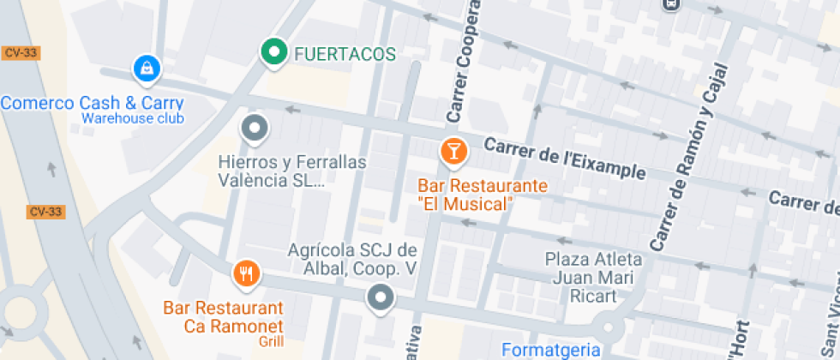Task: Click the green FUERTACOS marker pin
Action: pos(273,52)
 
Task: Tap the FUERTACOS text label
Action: pos(345,54)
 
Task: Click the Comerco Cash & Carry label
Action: pos(93,103)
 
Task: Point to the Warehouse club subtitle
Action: pos(133,118)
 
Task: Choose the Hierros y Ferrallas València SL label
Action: pos(292,171)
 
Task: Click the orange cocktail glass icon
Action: pos(453,152)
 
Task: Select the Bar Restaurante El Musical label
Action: pos(482,195)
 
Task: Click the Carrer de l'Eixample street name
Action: pos(565,159)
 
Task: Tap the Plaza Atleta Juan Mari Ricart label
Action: pos(593,278)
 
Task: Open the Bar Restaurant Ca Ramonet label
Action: pos(224,316)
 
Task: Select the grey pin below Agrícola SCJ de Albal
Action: pos(380,298)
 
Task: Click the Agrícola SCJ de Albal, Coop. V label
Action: pos(351,260)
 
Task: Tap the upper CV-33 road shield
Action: pos(21,53)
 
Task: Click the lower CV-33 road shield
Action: pos(45,212)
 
